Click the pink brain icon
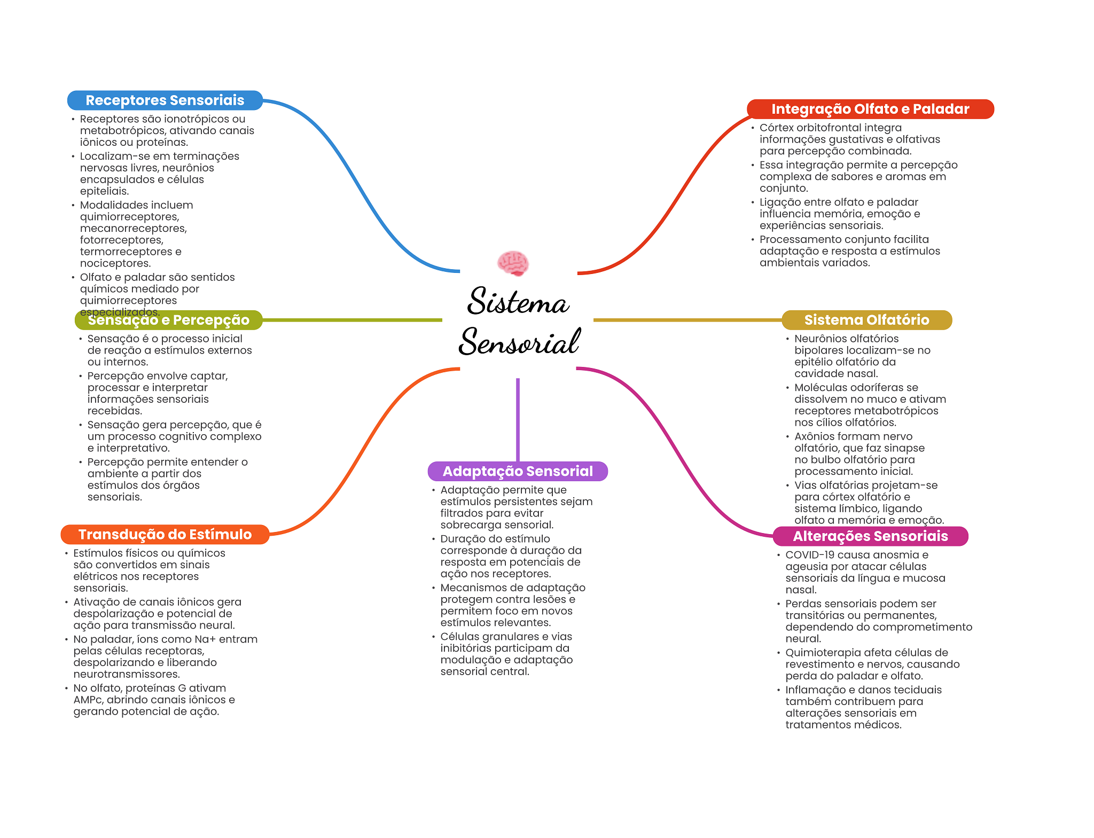click(x=513, y=263)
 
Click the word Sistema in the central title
click(x=518, y=301)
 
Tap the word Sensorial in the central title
click(x=519, y=342)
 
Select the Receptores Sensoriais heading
click(x=165, y=100)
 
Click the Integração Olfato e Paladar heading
click(x=870, y=109)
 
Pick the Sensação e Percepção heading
click(x=168, y=320)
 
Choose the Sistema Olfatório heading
click(x=866, y=320)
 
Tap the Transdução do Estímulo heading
click(x=165, y=535)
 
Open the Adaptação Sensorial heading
click(x=518, y=471)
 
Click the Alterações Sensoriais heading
click(x=870, y=536)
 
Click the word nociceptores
click(x=115, y=263)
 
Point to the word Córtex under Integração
click(x=777, y=128)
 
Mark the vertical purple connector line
click(x=518, y=419)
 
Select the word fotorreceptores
click(x=121, y=240)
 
